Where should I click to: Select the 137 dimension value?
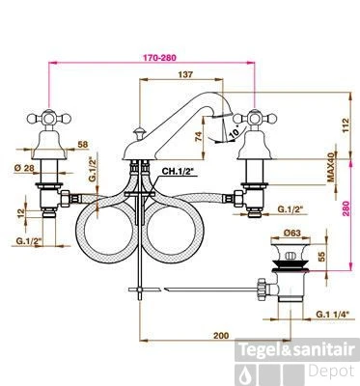tap(185, 74)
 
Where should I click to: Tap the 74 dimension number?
tap(199, 137)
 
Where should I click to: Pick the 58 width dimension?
tap(83, 145)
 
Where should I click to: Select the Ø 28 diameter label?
tap(24, 168)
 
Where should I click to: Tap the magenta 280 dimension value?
tap(346, 210)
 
